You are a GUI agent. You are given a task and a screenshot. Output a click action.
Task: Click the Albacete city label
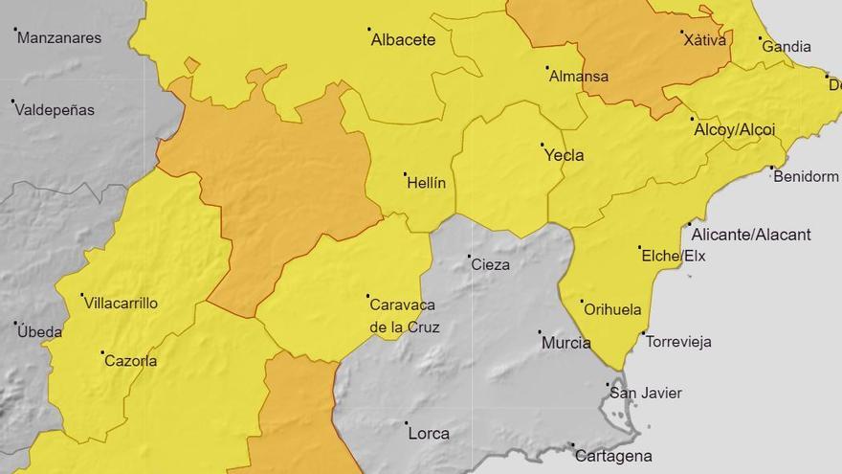coord(403,40)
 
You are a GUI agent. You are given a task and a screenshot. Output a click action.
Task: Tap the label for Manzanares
coord(59,38)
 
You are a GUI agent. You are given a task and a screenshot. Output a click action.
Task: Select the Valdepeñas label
coord(55,110)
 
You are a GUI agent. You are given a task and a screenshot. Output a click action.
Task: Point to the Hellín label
coord(427,184)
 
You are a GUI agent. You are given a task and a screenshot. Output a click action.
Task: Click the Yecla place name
coord(564,155)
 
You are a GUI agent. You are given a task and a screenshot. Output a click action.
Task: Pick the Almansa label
coord(579,77)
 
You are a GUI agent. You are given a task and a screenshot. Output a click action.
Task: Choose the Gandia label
coord(785,47)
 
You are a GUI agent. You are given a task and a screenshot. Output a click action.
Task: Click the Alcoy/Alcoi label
coord(735,130)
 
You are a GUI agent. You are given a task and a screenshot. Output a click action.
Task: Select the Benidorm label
coord(806,177)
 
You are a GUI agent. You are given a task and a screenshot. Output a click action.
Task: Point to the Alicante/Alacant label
coord(751,235)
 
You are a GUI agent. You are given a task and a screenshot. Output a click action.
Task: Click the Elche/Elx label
coord(673,256)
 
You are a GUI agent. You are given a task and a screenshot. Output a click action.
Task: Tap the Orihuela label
coord(612,310)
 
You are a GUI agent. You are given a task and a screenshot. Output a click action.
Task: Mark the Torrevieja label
coord(678,342)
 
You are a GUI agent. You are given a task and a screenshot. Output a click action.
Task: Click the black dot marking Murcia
coord(539,333)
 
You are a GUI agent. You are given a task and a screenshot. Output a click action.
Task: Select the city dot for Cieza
coord(469,257)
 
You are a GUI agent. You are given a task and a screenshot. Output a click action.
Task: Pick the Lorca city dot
coord(406,423)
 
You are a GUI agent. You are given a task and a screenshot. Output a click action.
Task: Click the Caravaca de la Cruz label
coord(403,316)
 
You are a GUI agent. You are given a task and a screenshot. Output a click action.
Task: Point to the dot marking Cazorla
coord(102,352)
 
